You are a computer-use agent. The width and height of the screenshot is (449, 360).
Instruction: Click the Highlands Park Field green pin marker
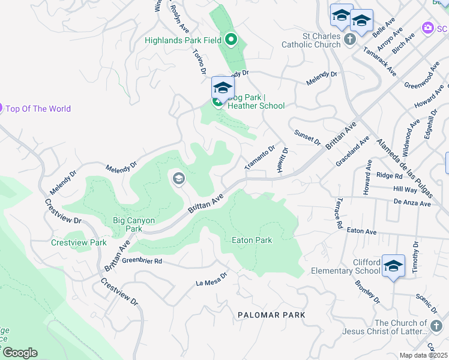(x=232, y=40)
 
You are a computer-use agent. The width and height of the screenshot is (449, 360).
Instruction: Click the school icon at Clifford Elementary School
(x=393, y=266)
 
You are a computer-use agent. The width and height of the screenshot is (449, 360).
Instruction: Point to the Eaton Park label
(x=252, y=240)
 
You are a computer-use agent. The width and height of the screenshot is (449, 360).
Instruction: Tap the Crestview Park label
(x=79, y=242)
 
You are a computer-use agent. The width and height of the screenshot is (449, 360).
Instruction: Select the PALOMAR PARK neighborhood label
(x=271, y=315)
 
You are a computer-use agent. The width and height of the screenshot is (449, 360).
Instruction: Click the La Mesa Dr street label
(x=212, y=280)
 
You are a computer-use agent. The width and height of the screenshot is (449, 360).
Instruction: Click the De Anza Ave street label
(x=413, y=203)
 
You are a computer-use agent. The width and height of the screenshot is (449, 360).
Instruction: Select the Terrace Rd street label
(x=339, y=214)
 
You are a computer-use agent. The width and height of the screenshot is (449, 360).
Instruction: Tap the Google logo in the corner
(x=19, y=353)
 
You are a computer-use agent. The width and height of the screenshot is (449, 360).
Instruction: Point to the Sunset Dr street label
(x=307, y=136)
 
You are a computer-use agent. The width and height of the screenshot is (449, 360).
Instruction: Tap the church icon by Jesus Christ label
(x=436, y=326)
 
